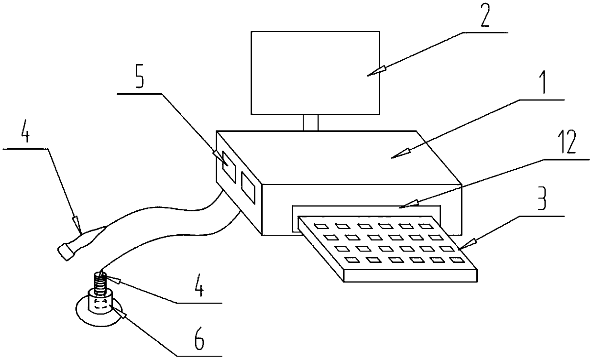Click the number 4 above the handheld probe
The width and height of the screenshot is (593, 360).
coord(25,135)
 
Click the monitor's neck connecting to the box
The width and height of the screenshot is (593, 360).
coord(310,122)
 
